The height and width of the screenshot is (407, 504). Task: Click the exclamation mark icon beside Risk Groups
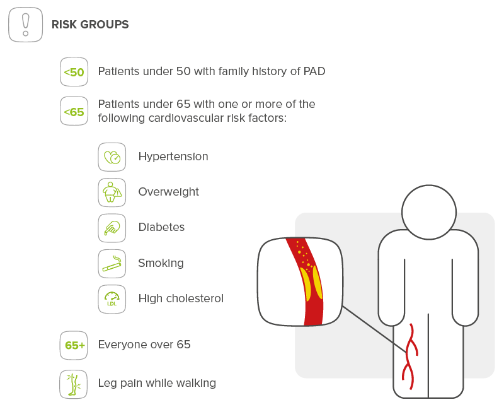pyautogui.click(x=25, y=25)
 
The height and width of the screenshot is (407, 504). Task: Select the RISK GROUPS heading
pyautogui.click(x=90, y=25)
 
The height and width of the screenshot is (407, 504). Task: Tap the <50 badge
pyautogui.click(x=74, y=73)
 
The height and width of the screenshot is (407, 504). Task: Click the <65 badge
pyautogui.click(x=74, y=112)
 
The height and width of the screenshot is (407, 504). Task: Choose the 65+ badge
pyautogui.click(x=74, y=345)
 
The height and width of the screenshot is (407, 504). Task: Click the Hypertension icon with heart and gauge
pyautogui.click(x=112, y=156)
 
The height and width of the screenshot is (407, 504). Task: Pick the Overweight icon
pyautogui.click(x=112, y=192)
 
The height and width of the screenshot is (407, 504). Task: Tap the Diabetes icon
pyautogui.click(x=112, y=227)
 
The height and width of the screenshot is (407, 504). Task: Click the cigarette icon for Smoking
pyautogui.click(x=112, y=263)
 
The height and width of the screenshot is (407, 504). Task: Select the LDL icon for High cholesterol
pyautogui.click(x=112, y=298)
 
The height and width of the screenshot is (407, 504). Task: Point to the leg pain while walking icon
pyautogui.click(x=74, y=384)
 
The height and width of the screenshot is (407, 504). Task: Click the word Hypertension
pyautogui.click(x=173, y=156)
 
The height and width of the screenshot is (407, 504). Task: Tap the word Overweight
pyautogui.click(x=169, y=192)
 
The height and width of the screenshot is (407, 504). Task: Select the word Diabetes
pyautogui.click(x=162, y=227)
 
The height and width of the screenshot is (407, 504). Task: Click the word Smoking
pyautogui.click(x=161, y=263)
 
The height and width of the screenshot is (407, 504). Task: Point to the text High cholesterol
pyautogui.click(x=181, y=298)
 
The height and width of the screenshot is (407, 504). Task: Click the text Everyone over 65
pyautogui.click(x=144, y=345)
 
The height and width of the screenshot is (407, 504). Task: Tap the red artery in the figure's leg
pyautogui.click(x=411, y=357)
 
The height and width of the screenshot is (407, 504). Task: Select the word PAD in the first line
pyautogui.click(x=314, y=71)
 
